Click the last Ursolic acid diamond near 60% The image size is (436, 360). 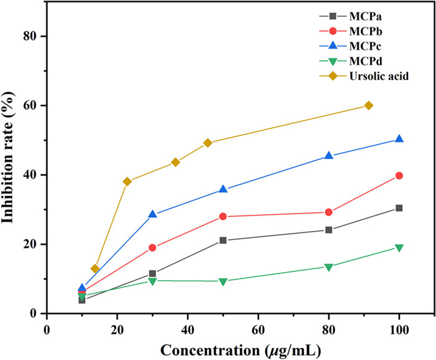pos(369,105)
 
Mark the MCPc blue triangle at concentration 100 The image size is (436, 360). pos(399,139)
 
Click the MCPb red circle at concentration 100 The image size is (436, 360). pos(399,176)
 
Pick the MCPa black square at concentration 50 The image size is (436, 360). pos(223,240)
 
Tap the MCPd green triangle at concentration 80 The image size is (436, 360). pos(329,267)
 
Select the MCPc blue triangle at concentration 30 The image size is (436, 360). pos(152,214)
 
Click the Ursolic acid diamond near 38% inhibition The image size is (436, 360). pos(127,181)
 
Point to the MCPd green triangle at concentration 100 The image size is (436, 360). pos(399,248)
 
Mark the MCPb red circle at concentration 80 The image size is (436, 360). pos(329,212)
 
